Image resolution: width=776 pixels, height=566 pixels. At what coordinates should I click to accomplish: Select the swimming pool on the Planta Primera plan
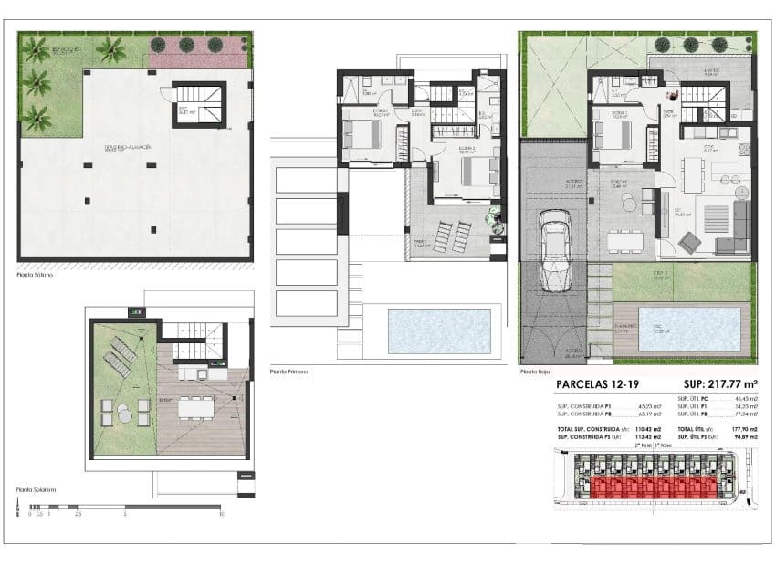439,331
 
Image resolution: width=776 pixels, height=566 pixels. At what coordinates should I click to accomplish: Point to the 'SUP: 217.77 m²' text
715,385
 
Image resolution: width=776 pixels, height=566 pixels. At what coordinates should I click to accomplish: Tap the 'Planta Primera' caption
288,372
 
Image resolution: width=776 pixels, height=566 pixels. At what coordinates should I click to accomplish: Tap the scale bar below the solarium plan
124,506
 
